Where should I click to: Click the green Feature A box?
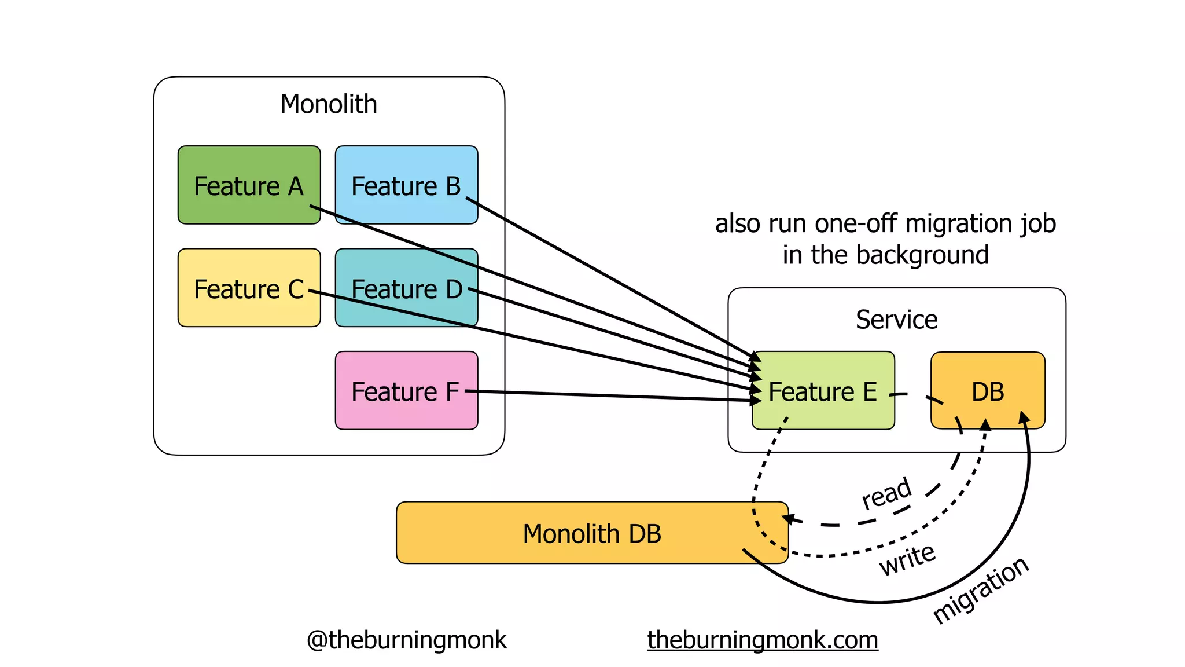pyautogui.click(x=249, y=185)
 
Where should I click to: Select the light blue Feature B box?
pyautogui.click(x=406, y=185)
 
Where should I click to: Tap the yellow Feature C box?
pyautogui.click(x=249, y=288)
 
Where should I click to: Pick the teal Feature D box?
pyautogui.click(x=406, y=288)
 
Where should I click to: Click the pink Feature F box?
pyautogui.click(x=406, y=390)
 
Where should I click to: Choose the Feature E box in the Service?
pyautogui.click(x=823, y=390)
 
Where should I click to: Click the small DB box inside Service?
pyautogui.click(x=988, y=390)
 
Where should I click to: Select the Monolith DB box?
pyautogui.click(x=591, y=533)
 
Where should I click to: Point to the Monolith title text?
pyautogui.click(x=329, y=104)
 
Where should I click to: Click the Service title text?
pyautogui.click(x=896, y=320)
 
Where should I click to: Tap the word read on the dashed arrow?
pyautogui.click(x=886, y=493)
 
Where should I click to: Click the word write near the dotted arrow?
pyautogui.click(x=907, y=559)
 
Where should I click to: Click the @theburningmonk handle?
pyautogui.click(x=406, y=640)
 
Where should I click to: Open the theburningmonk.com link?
pyautogui.click(x=763, y=640)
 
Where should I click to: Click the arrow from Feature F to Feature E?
pyautogui.click(x=608, y=396)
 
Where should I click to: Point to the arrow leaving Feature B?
pyautogui.click(x=608, y=276)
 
